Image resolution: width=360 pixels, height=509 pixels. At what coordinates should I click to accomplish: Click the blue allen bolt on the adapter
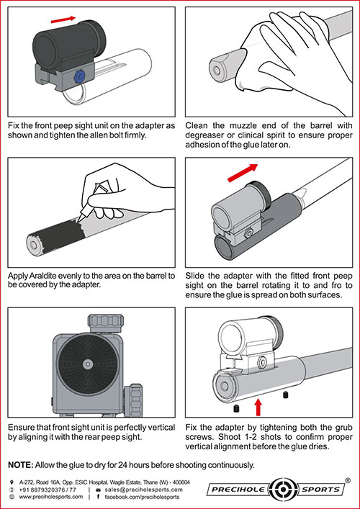click(80, 76)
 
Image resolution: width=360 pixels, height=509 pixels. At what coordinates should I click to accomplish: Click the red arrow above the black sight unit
click(63, 20)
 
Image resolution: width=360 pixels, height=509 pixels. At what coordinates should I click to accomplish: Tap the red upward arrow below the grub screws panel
click(258, 407)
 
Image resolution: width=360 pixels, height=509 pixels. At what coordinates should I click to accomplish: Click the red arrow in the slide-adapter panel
click(243, 172)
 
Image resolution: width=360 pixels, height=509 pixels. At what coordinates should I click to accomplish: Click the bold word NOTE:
click(21, 465)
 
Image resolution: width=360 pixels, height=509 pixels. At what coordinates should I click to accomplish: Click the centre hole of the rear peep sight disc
click(87, 363)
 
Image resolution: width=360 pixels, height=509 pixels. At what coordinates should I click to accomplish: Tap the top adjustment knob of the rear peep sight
click(106, 323)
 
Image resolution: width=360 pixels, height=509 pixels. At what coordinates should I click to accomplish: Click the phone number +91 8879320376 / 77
click(48, 490)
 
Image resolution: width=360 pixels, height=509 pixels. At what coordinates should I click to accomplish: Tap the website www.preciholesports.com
click(50, 497)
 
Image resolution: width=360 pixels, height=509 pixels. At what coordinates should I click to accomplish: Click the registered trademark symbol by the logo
click(347, 480)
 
